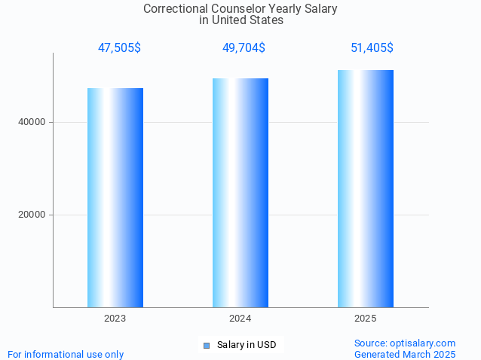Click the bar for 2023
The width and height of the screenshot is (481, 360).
point(115,197)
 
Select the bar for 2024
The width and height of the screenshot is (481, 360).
point(240,192)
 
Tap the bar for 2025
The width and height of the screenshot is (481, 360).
point(365,188)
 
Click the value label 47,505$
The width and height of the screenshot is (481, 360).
point(119,48)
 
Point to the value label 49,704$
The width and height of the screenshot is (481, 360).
point(244,48)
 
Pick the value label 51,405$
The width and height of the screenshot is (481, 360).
point(372,48)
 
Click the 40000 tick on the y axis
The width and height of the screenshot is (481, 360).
point(33,122)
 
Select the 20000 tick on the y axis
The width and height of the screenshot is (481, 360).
point(33,215)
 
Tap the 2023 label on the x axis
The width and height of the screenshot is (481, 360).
point(115,319)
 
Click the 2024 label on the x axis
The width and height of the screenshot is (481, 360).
point(240,319)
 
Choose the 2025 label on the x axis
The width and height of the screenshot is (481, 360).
point(365,319)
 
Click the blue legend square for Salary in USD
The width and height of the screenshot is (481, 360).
point(206,346)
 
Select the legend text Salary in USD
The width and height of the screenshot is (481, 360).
point(247,345)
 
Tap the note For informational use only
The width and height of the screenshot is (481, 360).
point(66,354)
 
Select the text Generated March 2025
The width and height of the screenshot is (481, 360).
point(405,354)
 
